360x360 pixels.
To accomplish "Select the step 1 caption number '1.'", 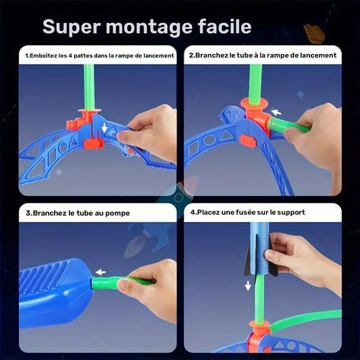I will (x=28, y=55).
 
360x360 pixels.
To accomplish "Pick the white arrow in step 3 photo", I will (x=102, y=272).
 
